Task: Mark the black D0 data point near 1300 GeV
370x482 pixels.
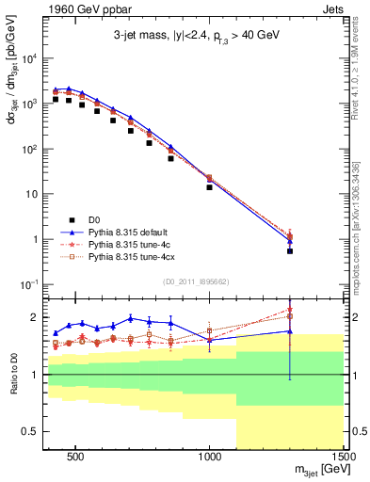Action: click(x=290, y=251)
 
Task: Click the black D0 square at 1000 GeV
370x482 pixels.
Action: click(x=210, y=187)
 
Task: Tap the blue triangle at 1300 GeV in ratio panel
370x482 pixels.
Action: click(x=290, y=330)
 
